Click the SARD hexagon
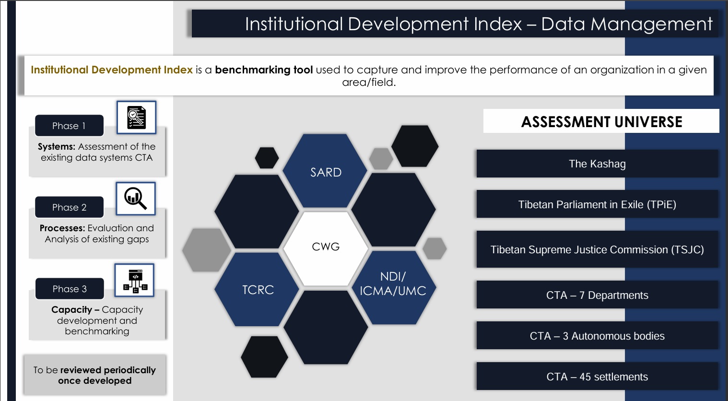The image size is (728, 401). [326, 172]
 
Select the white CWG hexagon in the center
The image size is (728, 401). [326, 247]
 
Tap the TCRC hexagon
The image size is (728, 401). [258, 290]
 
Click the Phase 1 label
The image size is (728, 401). [69, 126]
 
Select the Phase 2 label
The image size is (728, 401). [69, 207]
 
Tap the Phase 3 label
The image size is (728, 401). [70, 289]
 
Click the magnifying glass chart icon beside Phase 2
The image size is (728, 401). [136, 198]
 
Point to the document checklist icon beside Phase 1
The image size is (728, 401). [136, 118]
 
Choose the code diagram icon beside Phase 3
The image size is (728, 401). [135, 280]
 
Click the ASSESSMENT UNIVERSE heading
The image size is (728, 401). [601, 121]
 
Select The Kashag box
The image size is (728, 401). [597, 164]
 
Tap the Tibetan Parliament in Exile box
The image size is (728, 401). [597, 204]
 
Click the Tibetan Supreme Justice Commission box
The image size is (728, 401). [597, 249]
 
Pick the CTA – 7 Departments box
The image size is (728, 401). [597, 295]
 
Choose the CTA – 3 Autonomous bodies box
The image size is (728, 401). [597, 336]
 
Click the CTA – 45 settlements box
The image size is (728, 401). [597, 377]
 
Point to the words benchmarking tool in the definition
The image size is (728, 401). [264, 70]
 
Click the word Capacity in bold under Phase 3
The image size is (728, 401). [71, 310]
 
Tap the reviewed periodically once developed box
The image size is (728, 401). [94, 375]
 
